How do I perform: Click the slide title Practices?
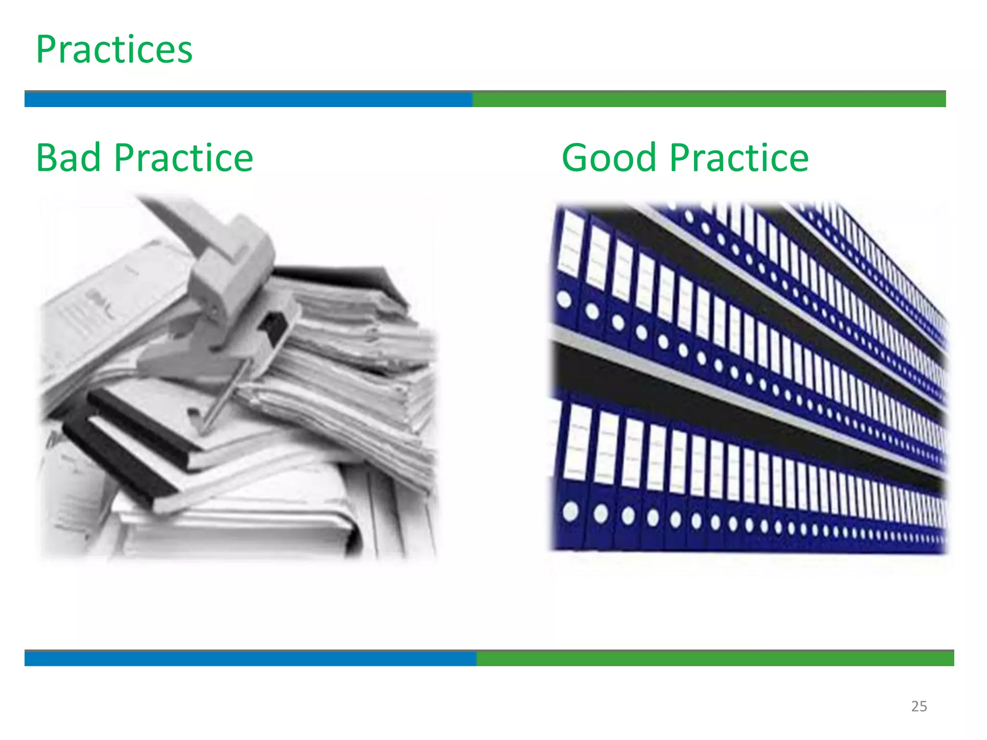coord(114,50)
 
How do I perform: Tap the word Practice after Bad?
coord(184,158)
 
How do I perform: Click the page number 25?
coord(919,706)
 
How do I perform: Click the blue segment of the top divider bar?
coord(248,99)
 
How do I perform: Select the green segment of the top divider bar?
coord(708,99)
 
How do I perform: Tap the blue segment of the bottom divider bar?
coord(250,659)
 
